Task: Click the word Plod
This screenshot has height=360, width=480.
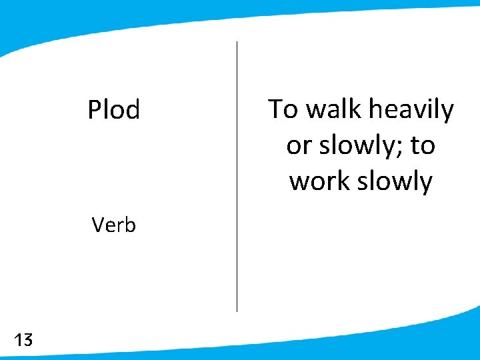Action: (x=114, y=110)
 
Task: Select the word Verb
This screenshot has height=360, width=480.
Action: (x=114, y=225)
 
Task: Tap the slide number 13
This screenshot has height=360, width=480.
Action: (x=23, y=341)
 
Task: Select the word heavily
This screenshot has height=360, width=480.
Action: (x=411, y=109)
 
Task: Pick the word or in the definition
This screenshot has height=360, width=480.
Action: (x=298, y=145)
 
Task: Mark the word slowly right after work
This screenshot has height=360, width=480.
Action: (x=393, y=181)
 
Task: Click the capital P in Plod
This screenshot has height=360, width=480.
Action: (x=94, y=110)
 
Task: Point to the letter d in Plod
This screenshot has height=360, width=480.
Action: (x=133, y=110)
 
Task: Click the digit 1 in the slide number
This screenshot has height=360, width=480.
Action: (x=17, y=341)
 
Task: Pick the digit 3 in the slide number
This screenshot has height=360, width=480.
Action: (x=27, y=341)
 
